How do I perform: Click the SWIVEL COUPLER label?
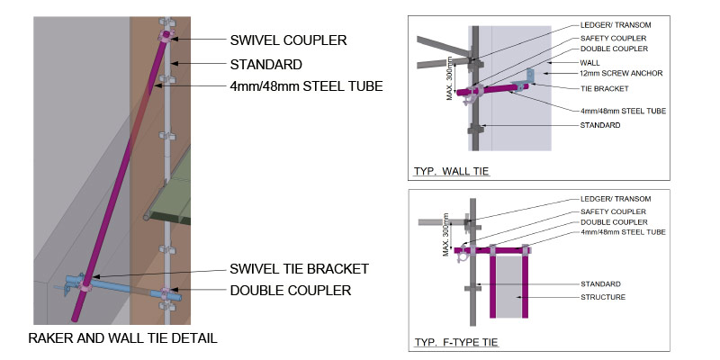[288, 40]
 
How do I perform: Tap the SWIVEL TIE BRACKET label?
[300, 268]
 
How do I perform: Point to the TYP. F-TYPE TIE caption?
[456, 342]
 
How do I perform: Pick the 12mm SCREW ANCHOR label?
[610, 73]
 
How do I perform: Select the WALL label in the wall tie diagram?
[589, 62]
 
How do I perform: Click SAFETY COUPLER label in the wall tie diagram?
[612, 38]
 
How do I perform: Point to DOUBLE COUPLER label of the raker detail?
[290, 290]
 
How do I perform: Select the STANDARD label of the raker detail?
[265, 65]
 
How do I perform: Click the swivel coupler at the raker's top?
[167, 36]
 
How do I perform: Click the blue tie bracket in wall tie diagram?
[532, 81]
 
